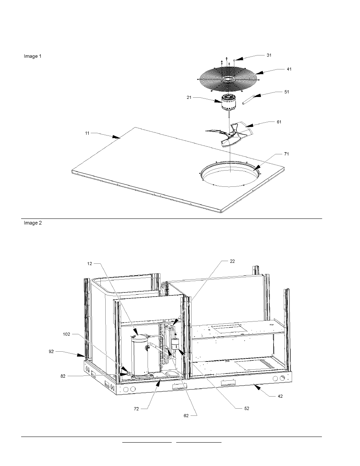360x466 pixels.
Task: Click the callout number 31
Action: point(269,55)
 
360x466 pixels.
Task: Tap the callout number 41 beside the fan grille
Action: point(289,69)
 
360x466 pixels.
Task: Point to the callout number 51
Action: point(286,92)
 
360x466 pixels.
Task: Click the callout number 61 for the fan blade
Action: point(278,122)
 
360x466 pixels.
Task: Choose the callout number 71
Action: point(286,154)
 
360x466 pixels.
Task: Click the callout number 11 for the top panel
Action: point(87,133)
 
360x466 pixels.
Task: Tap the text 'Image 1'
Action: point(33,56)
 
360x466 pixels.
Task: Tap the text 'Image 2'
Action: point(33,223)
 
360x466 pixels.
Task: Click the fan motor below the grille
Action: point(229,103)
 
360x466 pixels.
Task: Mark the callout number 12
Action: point(89,263)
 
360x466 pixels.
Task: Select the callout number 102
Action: point(66,334)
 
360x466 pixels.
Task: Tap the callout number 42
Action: point(280,396)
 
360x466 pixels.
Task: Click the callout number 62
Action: point(186,415)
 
